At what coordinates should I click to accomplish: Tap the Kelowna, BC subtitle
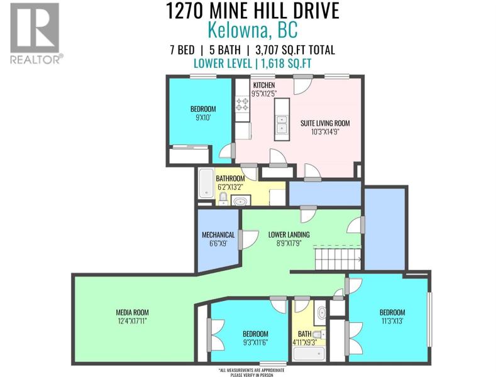point(253,30)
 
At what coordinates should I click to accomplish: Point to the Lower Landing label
point(289,234)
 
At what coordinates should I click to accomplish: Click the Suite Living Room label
point(325,123)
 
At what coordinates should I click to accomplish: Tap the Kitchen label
point(264,85)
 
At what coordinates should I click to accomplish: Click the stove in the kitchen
point(243,104)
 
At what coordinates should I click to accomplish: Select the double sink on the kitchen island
point(282,124)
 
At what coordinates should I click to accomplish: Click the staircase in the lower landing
point(337,257)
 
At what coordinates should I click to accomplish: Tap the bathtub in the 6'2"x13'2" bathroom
point(206,183)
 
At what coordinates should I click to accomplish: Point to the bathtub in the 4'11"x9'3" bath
point(309,354)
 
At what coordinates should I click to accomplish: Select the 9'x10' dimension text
point(202,117)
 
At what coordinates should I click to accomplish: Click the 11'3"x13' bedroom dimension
point(392,320)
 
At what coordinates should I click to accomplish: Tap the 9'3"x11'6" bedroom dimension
point(255,342)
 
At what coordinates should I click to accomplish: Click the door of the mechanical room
point(248,239)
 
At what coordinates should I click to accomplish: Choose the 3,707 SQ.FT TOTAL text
point(295,50)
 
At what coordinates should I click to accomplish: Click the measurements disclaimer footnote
point(252,372)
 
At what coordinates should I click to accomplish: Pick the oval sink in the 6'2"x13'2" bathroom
point(240,201)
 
